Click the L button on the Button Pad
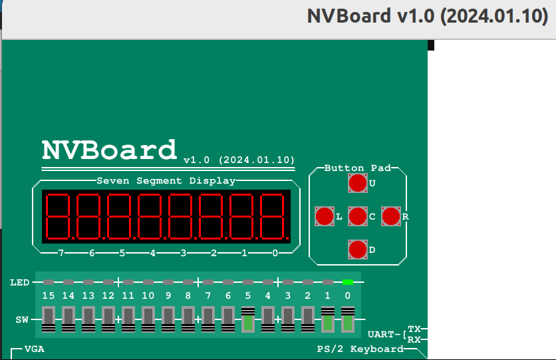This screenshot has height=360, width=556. [325, 216]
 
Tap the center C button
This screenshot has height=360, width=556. [358, 216]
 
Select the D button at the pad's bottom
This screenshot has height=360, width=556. [358, 250]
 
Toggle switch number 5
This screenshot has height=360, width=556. [248, 319]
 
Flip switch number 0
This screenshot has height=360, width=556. [348, 319]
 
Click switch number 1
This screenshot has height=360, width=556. [328, 319]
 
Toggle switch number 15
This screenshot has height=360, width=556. [49, 319]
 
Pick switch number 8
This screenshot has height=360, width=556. [188, 319]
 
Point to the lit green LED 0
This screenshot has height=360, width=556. [348, 282]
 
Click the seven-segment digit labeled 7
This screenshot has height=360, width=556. [59, 216]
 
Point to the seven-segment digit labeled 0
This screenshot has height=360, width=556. [274, 216]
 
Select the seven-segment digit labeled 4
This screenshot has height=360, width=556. [151, 216]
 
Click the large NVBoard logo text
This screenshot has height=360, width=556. [110, 150]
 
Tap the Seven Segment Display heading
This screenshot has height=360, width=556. [166, 180]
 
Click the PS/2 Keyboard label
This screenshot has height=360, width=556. [360, 349]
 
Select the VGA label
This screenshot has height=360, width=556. [35, 349]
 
